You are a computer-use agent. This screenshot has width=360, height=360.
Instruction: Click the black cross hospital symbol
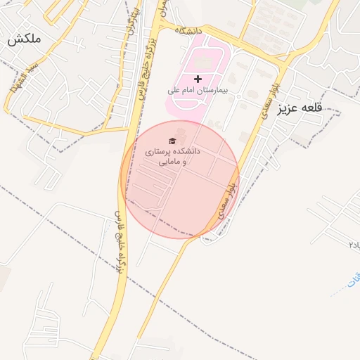(198, 79)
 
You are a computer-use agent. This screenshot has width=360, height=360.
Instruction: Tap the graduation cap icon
(173, 139)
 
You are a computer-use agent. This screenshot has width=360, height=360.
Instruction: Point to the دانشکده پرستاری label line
(173, 151)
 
